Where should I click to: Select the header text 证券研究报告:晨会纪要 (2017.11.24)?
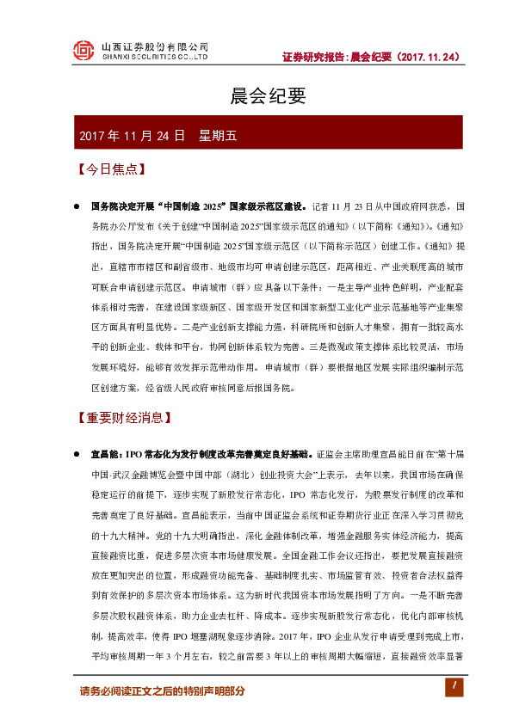click(372, 57)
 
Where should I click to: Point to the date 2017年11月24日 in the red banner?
click(132, 136)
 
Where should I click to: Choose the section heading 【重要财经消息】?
click(125, 419)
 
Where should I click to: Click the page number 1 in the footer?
click(450, 684)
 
